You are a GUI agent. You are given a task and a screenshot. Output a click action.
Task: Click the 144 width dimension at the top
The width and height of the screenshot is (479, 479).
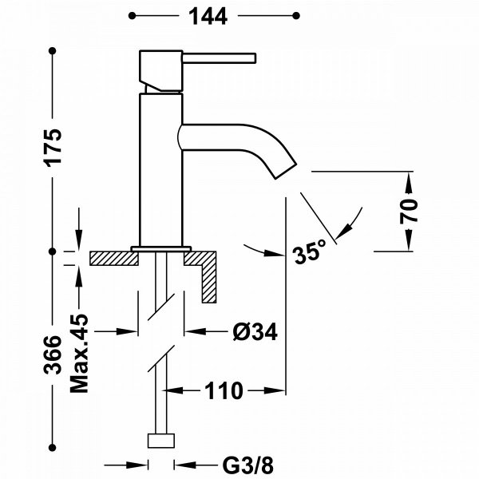pyautogui.click(x=208, y=16)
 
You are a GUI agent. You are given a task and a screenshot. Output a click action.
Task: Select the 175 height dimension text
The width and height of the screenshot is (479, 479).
pyautogui.click(x=53, y=148)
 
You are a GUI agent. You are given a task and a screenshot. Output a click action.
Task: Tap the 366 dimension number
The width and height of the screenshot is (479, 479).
pyautogui.click(x=53, y=354)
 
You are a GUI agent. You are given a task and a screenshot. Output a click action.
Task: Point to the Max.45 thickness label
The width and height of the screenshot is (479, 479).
pyautogui.click(x=79, y=353)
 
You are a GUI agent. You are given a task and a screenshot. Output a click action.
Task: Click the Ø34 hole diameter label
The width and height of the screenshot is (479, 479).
pyautogui.click(x=255, y=331)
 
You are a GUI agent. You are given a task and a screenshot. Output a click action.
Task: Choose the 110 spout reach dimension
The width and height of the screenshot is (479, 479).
pyautogui.click(x=224, y=390)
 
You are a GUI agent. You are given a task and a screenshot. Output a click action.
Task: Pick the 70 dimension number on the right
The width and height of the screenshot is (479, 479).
pyautogui.click(x=409, y=212)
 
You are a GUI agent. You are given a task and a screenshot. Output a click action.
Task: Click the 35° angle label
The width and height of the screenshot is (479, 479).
pyautogui.click(x=309, y=251)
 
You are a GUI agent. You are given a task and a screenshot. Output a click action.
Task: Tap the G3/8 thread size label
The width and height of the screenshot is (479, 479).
pyautogui.click(x=247, y=465)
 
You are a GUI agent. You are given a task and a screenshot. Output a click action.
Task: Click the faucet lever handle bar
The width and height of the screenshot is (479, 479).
pyautogui.click(x=219, y=58)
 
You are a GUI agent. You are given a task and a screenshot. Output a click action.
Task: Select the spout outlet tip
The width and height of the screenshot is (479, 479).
pyautogui.click(x=287, y=171)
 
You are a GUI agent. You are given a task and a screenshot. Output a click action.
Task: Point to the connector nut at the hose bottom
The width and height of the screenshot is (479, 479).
pyautogui.click(x=161, y=441)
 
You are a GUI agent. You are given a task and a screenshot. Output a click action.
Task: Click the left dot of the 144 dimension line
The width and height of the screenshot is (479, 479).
pyautogui.click(x=132, y=16)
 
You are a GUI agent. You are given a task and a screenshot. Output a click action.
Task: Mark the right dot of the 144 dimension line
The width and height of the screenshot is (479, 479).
pyautogui.click(x=296, y=16)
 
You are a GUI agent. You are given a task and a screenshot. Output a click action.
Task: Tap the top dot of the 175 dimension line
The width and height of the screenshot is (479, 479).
pyautogui.click(x=53, y=51)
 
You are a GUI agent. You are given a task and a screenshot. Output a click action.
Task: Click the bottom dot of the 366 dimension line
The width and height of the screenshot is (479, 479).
pyautogui.click(x=53, y=448)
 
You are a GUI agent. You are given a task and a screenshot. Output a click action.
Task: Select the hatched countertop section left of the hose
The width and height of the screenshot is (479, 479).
pyautogui.click(x=114, y=258)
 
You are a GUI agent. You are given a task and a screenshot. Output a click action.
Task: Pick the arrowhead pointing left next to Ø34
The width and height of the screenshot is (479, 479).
pyautogui.click(x=196, y=331)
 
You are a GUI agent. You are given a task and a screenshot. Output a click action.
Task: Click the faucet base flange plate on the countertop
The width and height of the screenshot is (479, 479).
pyautogui.click(x=161, y=249)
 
